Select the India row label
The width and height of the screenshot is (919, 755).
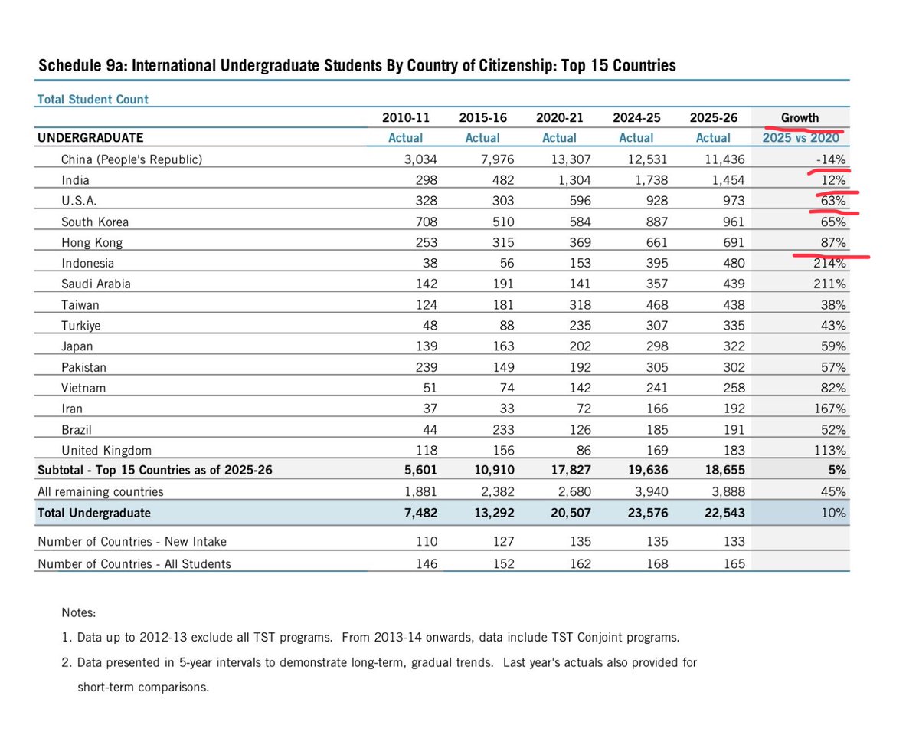(x=75, y=180)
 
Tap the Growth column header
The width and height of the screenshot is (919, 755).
(x=800, y=117)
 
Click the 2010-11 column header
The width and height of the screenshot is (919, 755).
(x=405, y=117)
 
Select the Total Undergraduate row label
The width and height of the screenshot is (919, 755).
(x=93, y=513)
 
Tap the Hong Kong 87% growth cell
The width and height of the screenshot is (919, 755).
(x=834, y=242)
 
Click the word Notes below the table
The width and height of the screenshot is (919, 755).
(x=79, y=613)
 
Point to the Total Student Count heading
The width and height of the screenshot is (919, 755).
(x=93, y=99)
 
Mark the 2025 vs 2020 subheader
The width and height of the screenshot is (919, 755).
(x=800, y=138)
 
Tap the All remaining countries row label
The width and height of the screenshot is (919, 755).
(x=100, y=491)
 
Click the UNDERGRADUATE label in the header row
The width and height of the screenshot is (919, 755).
(x=90, y=138)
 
